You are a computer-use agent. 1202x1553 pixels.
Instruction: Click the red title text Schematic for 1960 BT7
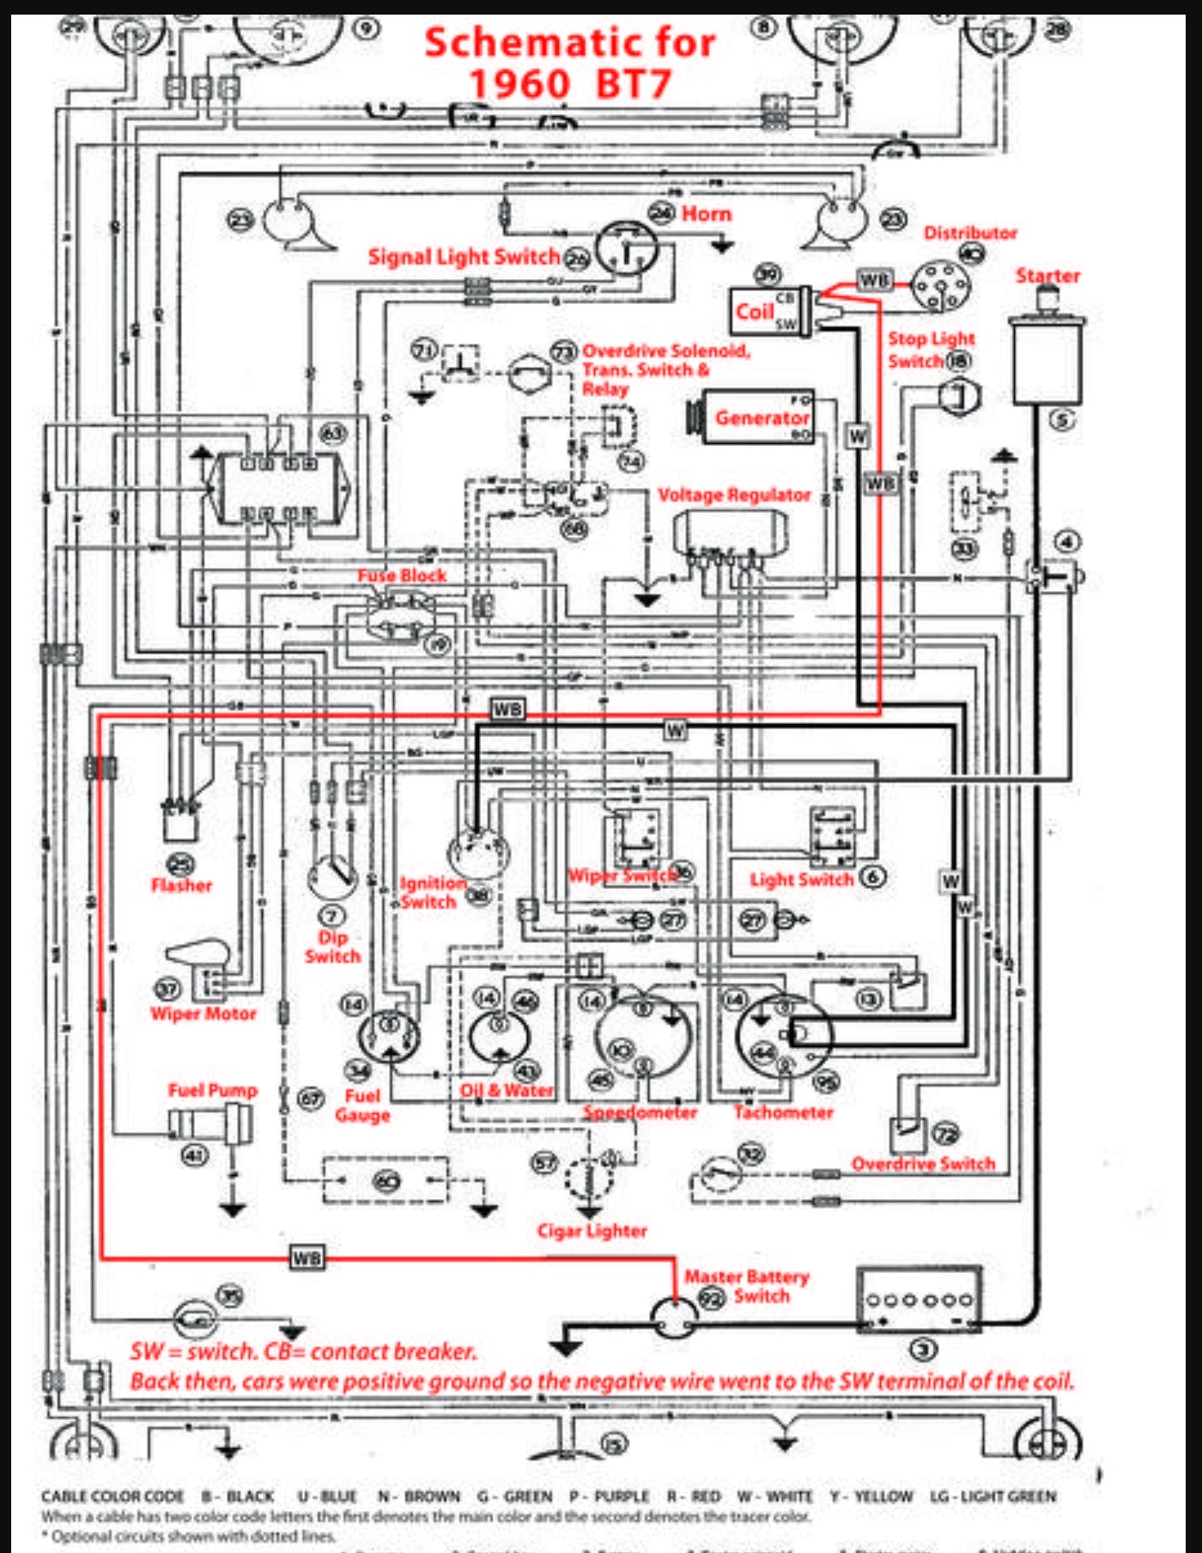[x=569, y=63]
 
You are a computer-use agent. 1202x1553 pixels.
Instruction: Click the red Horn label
[x=707, y=214]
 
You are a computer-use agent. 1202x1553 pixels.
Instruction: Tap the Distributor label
[x=969, y=233]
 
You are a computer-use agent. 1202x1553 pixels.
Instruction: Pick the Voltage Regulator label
[x=734, y=495]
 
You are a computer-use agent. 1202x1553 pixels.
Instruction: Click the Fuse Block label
[x=402, y=575]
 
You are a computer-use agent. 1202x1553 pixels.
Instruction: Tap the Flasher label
[x=181, y=885]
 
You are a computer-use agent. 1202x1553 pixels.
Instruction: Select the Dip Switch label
[x=333, y=947]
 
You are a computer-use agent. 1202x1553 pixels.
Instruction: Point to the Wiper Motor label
[x=203, y=1014]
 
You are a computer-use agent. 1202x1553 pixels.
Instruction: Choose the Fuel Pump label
[x=212, y=1090]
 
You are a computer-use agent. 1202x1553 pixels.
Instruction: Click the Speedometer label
[x=640, y=1112]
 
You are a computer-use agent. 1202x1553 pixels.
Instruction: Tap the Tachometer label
[x=783, y=1112]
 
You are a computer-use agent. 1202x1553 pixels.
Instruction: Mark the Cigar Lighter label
[x=592, y=1230]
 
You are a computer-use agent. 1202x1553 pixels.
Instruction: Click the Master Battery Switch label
[x=747, y=1286]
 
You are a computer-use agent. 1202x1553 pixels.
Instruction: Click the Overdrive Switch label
[x=923, y=1164]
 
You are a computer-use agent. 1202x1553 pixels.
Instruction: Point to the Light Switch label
[x=802, y=880]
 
